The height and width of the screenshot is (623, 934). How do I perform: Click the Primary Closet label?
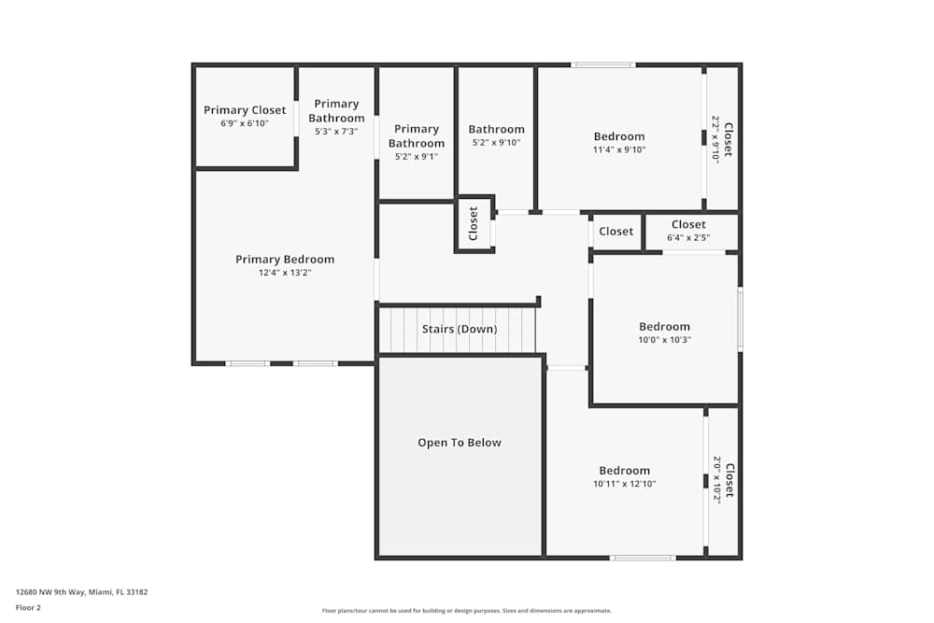245,110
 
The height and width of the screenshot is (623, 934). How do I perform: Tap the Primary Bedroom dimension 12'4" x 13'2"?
285,274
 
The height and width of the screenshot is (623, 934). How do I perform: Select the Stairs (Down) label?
460,329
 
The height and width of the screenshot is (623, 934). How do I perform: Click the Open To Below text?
460,443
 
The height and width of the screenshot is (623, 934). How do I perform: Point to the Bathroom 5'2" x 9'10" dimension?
496,143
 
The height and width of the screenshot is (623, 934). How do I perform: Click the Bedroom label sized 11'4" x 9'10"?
619,136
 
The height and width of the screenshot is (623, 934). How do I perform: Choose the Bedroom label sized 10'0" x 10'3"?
664,327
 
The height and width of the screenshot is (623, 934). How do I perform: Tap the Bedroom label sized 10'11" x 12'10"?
624,471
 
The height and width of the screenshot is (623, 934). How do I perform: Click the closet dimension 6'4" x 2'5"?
688,237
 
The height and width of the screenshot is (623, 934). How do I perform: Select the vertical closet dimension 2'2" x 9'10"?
715,139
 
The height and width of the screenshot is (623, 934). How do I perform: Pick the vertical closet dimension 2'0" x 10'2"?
716,480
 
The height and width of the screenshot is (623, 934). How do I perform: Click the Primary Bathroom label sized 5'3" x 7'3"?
336,111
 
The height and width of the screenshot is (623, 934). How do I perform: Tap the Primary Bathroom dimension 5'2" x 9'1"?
417,157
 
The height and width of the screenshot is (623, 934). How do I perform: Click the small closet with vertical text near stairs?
474,223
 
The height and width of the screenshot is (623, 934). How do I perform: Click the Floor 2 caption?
28,607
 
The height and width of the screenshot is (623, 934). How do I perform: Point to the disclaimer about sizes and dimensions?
466,611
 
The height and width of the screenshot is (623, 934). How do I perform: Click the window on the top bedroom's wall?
603,65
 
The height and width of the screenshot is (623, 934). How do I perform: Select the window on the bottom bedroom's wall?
643,558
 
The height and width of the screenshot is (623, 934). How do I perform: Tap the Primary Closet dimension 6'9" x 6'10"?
245,123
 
